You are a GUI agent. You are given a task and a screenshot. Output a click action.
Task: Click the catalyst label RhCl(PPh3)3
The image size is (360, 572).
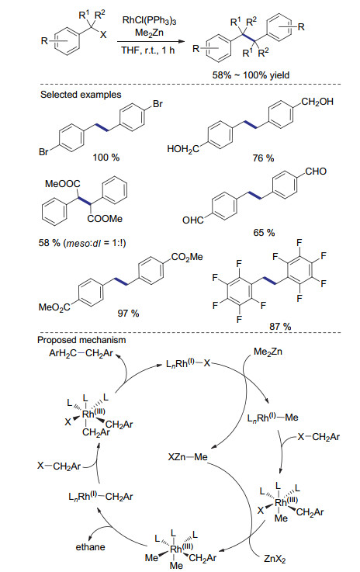tap(149, 20)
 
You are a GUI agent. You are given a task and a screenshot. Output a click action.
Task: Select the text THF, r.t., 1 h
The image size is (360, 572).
tap(147, 50)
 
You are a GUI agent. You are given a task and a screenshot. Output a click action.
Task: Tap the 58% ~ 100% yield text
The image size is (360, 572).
tap(251, 75)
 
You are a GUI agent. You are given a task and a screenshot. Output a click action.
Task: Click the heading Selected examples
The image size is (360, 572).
tap(81, 95)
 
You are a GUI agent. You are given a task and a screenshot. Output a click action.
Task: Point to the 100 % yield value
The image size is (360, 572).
tap(106, 158)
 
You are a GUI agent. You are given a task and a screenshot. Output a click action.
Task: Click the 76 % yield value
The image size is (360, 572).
tap(263, 158)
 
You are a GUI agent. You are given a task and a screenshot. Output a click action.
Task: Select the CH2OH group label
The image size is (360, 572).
tap(317, 102)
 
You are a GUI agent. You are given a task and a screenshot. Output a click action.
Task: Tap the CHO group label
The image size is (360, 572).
tap(316, 171)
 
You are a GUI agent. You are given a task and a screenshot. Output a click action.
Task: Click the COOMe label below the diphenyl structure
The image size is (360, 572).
tap(105, 219)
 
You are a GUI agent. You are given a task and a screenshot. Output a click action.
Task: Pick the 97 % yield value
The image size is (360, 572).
tap(128, 314)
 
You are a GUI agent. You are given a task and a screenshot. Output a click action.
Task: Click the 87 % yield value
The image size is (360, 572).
tap(280, 327)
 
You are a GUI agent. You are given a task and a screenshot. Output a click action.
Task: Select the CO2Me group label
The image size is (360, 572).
tap(187, 257)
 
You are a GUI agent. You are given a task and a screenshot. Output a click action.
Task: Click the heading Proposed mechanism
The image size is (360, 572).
tap(81, 340)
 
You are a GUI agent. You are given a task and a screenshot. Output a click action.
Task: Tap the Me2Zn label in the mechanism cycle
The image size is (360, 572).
tap(268, 352)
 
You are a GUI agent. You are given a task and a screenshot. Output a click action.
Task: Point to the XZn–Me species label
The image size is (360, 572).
tap(188, 456)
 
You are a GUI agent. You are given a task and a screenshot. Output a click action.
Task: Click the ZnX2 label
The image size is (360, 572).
tap(275, 559)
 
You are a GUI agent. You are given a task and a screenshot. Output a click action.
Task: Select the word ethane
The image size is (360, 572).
tap(91, 547)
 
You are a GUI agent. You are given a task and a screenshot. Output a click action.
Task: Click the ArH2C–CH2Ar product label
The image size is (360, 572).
tap(81, 353)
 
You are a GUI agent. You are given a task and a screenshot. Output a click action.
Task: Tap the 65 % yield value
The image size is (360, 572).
tap(264, 233)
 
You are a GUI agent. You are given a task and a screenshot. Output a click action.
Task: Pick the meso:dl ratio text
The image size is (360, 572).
tap(95, 243)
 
